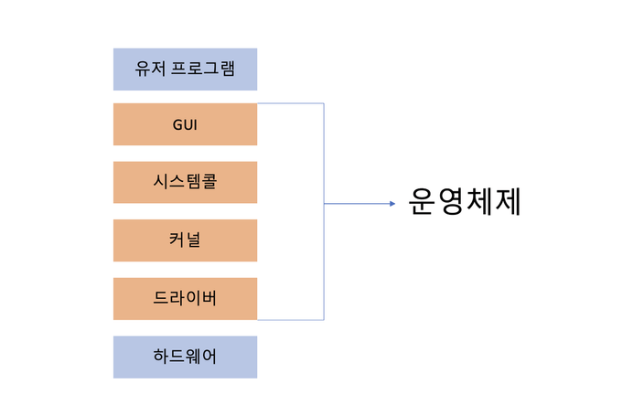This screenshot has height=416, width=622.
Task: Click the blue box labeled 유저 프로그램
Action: (185, 69)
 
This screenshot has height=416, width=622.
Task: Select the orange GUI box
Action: (185, 124)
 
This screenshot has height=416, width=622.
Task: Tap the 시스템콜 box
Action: (185, 182)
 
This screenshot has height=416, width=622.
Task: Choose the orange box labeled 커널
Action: (185, 240)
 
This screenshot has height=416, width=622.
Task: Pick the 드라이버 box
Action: (185, 299)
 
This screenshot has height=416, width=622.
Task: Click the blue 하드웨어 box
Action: (185, 357)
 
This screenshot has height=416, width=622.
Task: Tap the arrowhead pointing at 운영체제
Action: (391, 203)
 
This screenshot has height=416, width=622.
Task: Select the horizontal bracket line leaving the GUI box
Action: (291, 103)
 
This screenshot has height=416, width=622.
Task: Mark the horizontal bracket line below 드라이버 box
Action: (291, 320)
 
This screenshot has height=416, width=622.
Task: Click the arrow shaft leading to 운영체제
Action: (357, 203)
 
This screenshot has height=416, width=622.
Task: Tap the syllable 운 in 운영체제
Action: (423, 202)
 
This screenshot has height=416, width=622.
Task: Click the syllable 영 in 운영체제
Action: (451, 202)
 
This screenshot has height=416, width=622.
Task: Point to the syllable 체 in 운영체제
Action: (478, 202)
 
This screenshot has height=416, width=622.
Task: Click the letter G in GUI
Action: (177, 125)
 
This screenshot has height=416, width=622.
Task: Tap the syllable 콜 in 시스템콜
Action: (209, 182)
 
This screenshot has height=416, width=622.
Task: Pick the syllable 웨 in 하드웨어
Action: (193, 357)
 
